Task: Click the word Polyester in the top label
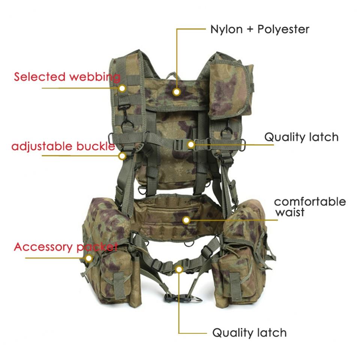[283, 29]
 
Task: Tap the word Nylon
[226, 29]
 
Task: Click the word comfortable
[310, 202]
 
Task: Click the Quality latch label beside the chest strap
[301, 137]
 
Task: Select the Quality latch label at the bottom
[249, 333]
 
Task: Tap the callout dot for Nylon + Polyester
[177, 91]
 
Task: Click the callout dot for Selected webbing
[122, 88]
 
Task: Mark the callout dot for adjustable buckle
[122, 155]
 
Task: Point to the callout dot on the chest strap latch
[191, 144]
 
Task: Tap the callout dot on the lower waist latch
[179, 268]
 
